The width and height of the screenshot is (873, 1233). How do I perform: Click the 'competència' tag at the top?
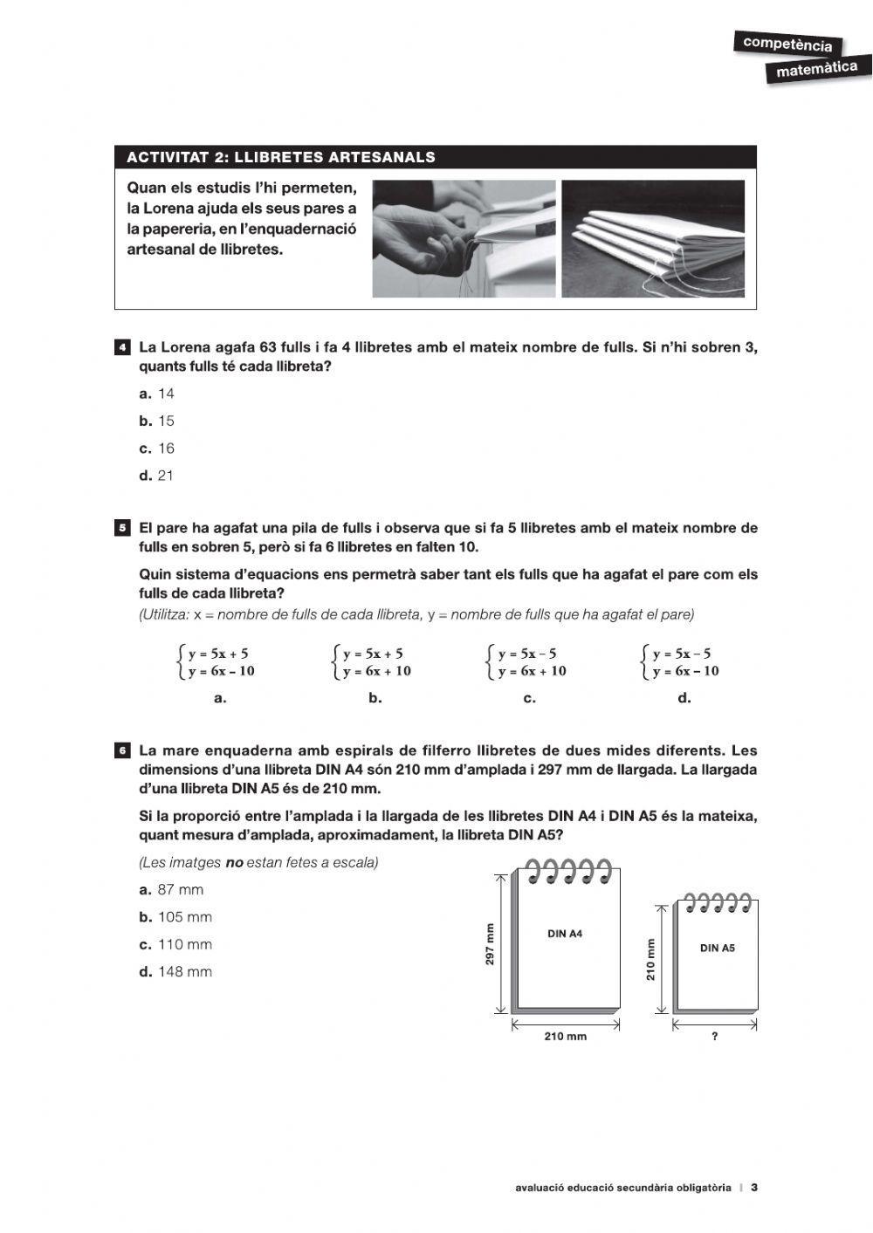tap(787, 44)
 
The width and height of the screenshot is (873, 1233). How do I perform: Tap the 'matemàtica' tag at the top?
tap(816, 69)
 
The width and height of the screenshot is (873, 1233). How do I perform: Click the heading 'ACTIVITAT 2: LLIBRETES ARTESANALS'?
tap(281, 158)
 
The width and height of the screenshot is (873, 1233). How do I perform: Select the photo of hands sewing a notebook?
tap(464, 238)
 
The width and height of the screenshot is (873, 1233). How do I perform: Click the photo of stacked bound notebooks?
tap(652, 238)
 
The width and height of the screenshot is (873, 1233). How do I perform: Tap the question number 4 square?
tap(123, 347)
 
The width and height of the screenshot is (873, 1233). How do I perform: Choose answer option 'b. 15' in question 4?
tap(157, 421)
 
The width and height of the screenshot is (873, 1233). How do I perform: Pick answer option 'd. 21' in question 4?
tap(157, 476)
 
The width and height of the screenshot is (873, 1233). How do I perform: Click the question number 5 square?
tap(123, 528)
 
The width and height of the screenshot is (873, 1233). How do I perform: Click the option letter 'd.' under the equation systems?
tap(684, 697)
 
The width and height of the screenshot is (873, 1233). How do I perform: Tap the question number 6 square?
tap(123, 750)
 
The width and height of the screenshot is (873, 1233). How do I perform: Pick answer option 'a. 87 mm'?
tap(172, 890)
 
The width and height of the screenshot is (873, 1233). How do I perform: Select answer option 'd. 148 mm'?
tap(175, 972)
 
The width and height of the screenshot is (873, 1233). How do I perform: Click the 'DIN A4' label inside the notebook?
tap(565, 934)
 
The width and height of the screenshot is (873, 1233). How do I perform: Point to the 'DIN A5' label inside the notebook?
tap(717, 948)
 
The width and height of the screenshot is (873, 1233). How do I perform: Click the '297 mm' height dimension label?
tap(490, 944)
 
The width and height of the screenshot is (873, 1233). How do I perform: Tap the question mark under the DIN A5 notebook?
tap(715, 1037)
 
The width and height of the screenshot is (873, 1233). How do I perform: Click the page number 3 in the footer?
tap(754, 1188)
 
